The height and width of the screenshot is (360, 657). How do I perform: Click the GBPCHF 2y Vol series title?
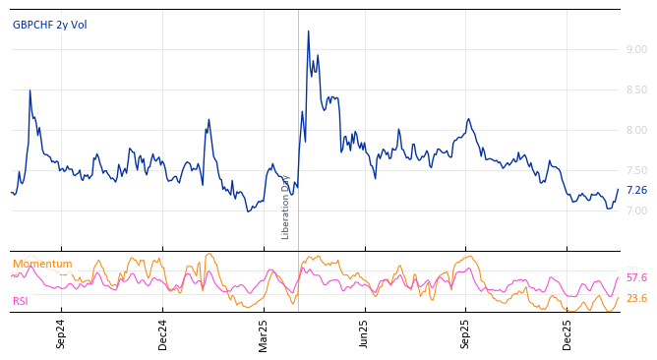pos(50,25)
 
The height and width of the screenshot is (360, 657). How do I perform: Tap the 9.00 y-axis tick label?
pos(636,49)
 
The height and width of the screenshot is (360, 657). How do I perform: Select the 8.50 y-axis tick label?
pos(636,90)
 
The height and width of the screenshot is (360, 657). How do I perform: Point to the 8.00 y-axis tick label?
pos(636,130)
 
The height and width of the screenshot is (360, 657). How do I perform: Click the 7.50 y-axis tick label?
pos(636,170)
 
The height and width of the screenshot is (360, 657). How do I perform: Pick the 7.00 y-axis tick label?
pos(636,210)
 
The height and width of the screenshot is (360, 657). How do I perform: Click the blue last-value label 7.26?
pos(636,190)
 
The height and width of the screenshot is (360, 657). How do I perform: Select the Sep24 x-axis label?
pos(61,334)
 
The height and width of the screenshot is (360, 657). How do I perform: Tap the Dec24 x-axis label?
pos(163,334)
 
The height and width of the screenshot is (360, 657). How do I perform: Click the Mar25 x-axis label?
pos(264,334)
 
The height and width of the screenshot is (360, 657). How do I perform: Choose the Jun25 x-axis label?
pos(364,334)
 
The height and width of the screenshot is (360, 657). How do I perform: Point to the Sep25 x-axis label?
pos(465,334)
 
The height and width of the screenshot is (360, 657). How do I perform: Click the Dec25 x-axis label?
pos(567,334)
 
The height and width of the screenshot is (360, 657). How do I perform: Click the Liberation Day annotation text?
pos(286,207)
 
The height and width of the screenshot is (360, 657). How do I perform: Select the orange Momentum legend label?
pos(42,264)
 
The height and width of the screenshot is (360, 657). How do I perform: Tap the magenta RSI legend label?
pos(21,301)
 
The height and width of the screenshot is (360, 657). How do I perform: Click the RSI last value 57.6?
pos(636,278)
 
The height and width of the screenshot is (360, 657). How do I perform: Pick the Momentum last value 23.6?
pos(636,298)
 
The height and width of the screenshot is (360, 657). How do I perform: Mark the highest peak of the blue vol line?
pos(308,31)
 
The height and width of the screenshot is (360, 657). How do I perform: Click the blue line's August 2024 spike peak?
pos(30,90)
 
